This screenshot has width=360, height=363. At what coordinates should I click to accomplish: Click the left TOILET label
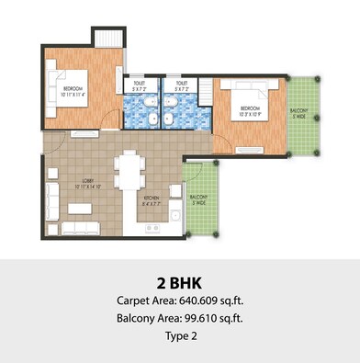[x=141, y=85]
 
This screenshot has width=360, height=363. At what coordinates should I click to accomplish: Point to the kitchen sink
[x=174, y=218]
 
